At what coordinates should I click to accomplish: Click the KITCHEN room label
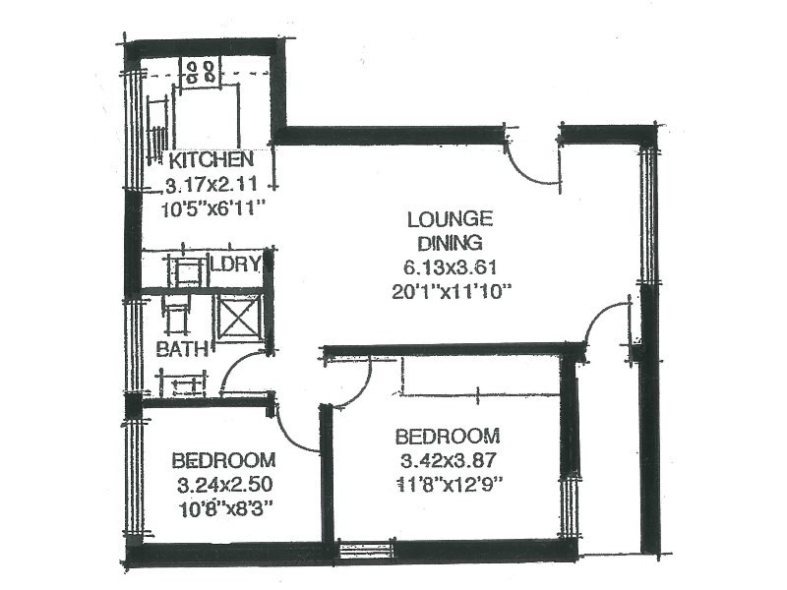(212, 160)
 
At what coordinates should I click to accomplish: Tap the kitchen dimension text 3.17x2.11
(212, 184)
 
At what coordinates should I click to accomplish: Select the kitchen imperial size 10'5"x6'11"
(213, 207)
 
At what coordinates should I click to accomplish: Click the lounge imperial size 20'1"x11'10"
(449, 290)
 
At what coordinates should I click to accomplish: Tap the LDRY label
(237, 264)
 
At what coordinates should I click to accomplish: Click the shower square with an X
(237, 318)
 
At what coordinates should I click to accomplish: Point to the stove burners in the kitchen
(203, 70)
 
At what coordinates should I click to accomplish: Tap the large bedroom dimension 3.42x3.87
(447, 459)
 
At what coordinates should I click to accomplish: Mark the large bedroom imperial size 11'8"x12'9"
(448, 483)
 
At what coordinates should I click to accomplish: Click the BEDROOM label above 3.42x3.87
(447, 436)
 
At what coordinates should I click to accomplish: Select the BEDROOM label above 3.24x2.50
(223, 460)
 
